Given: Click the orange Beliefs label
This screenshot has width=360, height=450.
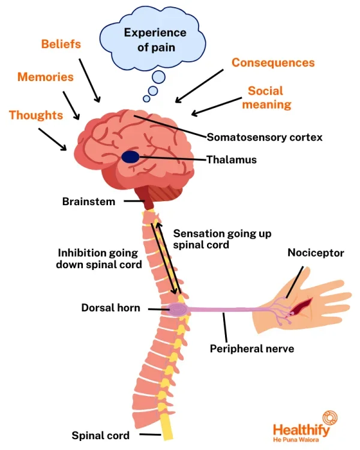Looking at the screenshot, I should pyautogui.click(x=61, y=44).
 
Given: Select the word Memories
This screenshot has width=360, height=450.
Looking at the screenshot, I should pyautogui.click(x=46, y=77).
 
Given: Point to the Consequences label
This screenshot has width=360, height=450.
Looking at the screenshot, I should pyautogui.click(x=273, y=63).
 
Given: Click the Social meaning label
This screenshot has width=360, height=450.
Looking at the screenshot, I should pyautogui.click(x=270, y=97).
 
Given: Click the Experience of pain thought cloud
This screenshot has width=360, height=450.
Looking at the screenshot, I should pyautogui.click(x=155, y=40).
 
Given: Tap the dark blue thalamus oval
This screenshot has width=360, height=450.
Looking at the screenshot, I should pyautogui.click(x=130, y=158).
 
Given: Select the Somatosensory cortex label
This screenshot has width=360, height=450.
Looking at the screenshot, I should pyautogui.click(x=265, y=137).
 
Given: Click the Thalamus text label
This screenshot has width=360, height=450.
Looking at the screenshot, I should pyautogui.click(x=232, y=160).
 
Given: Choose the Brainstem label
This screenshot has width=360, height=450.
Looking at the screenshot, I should pyautogui.click(x=89, y=202).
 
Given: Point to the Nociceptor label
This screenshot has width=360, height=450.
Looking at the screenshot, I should pyautogui.click(x=316, y=253).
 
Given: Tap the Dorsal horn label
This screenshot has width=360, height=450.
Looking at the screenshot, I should pyautogui.click(x=111, y=308).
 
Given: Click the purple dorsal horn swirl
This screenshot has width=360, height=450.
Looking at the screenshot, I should pyautogui.click(x=178, y=310).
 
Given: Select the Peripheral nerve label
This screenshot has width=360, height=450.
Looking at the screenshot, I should pyautogui.click(x=252, y=348).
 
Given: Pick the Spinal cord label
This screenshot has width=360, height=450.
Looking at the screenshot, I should pyautogui.click(x=100, y=436).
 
